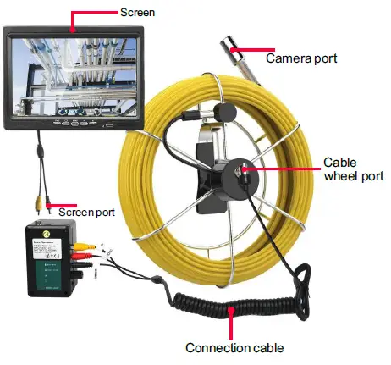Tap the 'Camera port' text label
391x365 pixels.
pyautogui.click(x=301, y=58)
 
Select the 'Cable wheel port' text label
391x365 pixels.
pyautogui.click(x=354, y=169)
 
